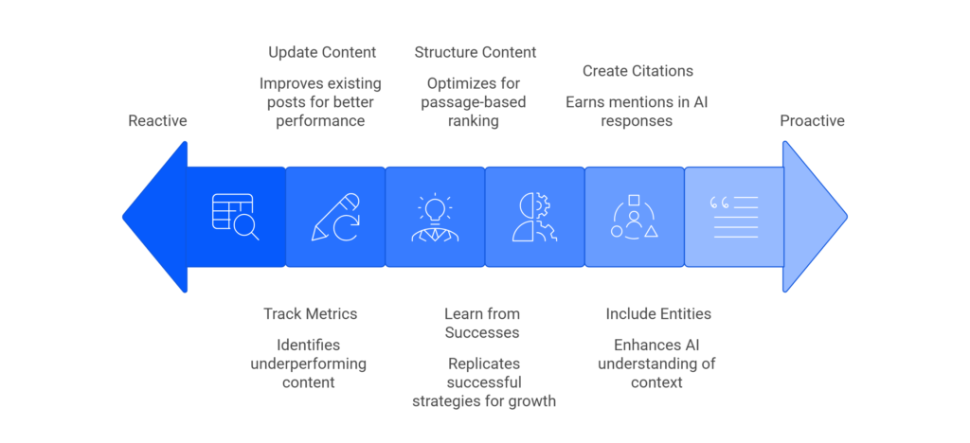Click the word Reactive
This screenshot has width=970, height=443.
coord(157,121)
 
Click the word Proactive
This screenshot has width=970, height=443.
coord(812,121)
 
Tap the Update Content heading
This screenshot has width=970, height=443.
coord(322,52)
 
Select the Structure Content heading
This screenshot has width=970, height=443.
coord(476,52)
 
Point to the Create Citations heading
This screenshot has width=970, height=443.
coord(638,71)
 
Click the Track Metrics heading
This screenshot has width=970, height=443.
coord(310,313)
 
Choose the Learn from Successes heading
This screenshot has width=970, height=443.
coord(482,323)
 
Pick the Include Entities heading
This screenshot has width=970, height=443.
coord(658,313)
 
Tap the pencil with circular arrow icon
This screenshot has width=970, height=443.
coord(335,217)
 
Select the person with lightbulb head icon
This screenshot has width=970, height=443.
coord(435,217)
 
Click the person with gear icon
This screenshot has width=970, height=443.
coord(534,217)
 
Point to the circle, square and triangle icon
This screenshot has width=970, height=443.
coord(634,217)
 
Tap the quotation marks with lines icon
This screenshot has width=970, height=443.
coord(734,217)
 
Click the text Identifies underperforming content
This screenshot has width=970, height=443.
coord(308,363)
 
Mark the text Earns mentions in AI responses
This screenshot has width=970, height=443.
coord(638,112)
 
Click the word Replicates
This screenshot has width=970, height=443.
coord(483,363)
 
